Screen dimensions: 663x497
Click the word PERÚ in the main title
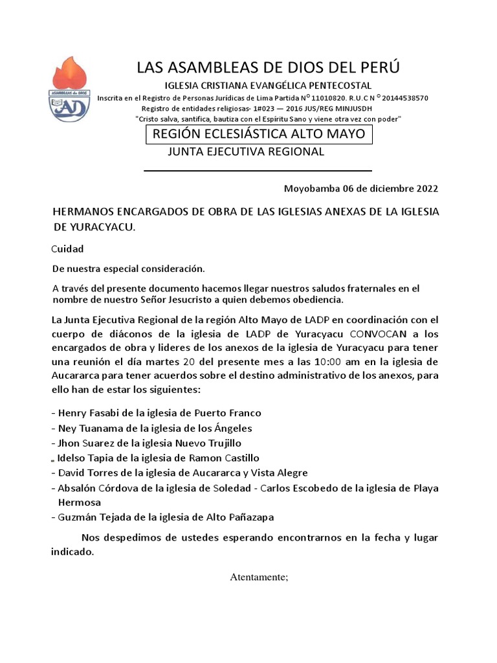pyautogui.click(x=377, y=67)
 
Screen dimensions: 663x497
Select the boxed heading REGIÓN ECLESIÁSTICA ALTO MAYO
pyautogui.click(x=259, y=134)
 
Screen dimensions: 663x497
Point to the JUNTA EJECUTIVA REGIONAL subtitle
pyautogui.click(x=246, y=152)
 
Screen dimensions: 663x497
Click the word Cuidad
pyautogui.click(x=67, y=249)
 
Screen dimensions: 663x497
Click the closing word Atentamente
pyautogui.click(x=258, y=577)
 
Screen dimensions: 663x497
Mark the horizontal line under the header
pyautogui.click(x=257, y=171)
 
